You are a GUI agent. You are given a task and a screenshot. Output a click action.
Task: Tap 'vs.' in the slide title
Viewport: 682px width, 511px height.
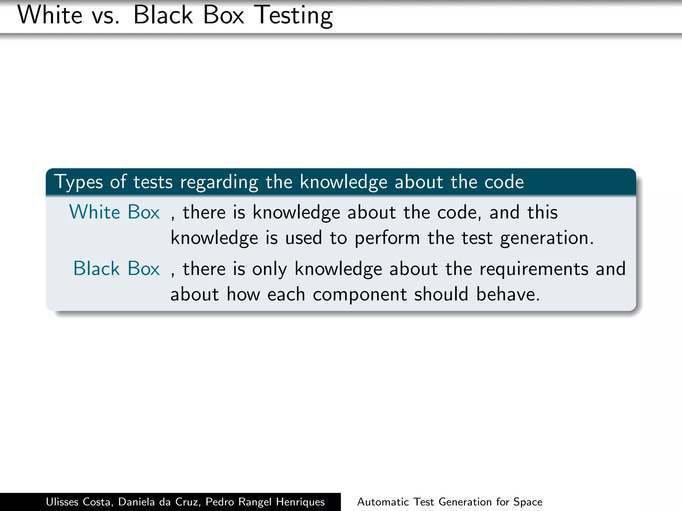pos(106,15)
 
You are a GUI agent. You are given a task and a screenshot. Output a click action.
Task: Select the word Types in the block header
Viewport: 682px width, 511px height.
pos(79,182)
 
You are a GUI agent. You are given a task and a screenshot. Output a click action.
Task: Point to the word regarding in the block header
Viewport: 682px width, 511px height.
pos(219,182)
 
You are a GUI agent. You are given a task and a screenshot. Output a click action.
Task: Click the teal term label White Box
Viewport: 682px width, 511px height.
pos(114,212)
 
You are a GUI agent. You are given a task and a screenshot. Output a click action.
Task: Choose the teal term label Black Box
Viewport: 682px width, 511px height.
pos(116,268)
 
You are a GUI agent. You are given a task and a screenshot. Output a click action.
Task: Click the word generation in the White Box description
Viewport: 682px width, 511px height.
pos(547,238)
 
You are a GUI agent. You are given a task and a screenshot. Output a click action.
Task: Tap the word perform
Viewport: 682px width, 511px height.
pos(387,238)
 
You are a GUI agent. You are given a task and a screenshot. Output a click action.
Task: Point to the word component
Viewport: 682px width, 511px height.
pos(360,294)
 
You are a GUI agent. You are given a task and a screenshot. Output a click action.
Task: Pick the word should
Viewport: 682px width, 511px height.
pos(441,294)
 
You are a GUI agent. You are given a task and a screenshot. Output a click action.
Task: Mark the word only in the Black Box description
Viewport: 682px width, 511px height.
pos(269,269)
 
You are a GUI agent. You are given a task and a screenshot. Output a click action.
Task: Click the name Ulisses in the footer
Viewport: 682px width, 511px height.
pos(62,502)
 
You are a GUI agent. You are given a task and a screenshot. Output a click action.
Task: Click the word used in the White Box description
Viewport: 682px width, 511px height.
pos(303,238)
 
